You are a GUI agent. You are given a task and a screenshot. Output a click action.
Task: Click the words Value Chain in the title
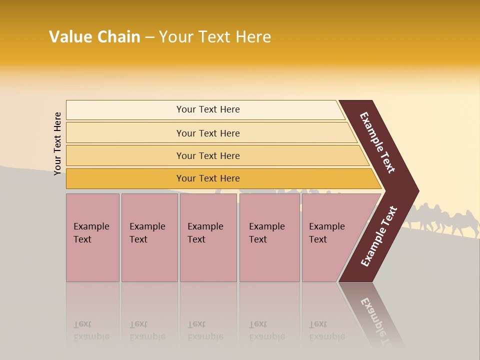click(94, 37)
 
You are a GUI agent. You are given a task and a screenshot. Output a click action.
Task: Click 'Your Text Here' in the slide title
click(215, 37)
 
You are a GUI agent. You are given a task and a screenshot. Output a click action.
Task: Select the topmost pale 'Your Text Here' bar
click(208, 109)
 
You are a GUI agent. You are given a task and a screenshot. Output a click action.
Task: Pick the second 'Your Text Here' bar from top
click(208, 133)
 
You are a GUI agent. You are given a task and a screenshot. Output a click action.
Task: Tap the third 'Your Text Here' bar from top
click(208, 155)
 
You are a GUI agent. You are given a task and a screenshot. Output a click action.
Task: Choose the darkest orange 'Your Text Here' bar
click(208, 178)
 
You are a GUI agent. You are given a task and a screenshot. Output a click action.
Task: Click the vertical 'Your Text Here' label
click(57, 143)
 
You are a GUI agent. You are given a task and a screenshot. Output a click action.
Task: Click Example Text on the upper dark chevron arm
click(377, 142)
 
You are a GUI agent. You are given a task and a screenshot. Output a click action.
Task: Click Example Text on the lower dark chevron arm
click(378, 236)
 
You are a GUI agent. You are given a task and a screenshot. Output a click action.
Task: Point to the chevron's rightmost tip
click(417, 191)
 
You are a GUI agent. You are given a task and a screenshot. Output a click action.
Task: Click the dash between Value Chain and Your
click(149, 37)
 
